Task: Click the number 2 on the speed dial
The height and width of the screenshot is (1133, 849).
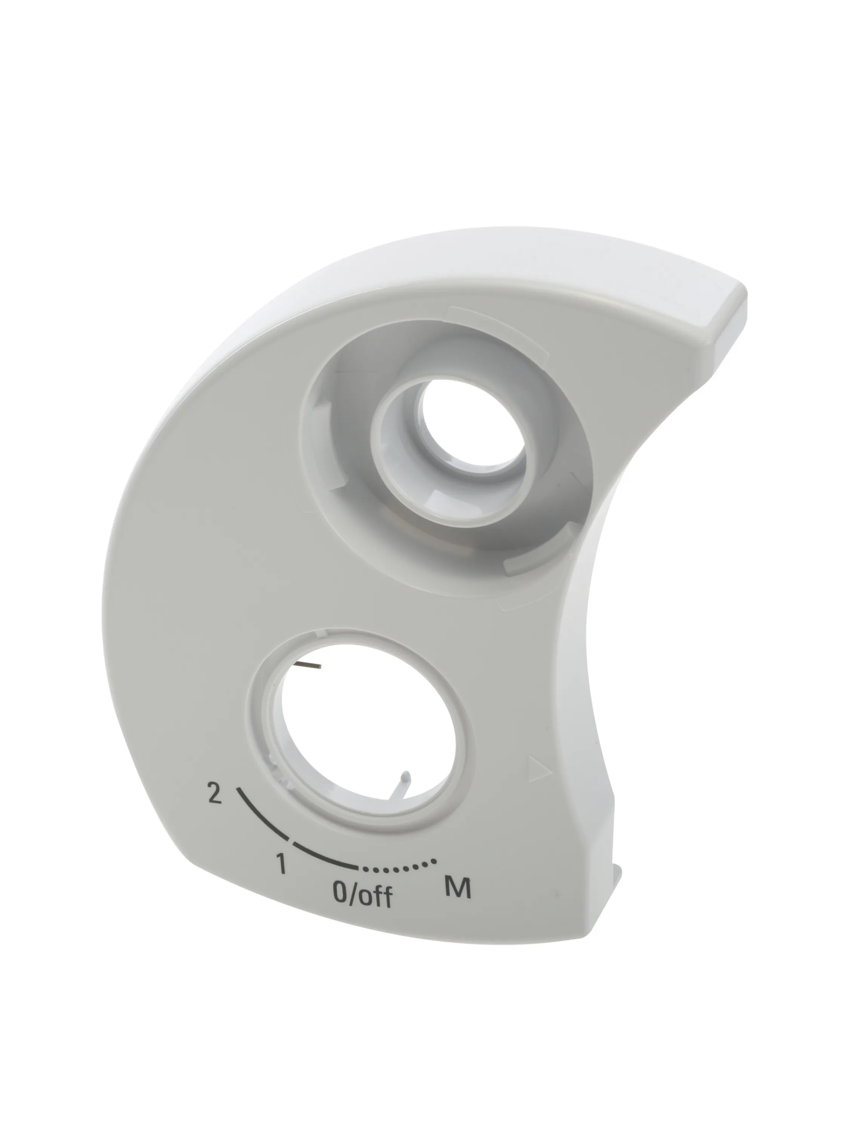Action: coord(214,793)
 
